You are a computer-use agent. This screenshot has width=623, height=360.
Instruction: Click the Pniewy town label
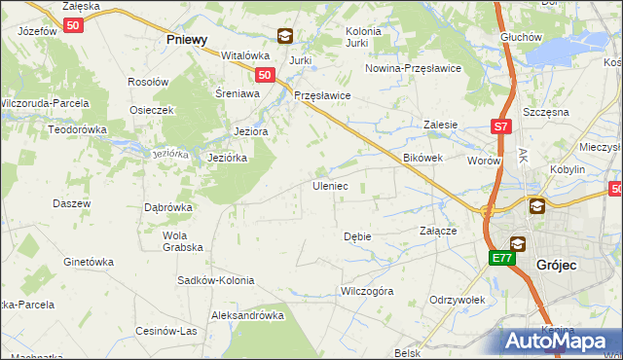click(187, 40)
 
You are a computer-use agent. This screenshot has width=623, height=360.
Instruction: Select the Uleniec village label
click(329, 185)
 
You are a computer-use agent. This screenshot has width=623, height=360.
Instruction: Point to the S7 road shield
click(499, 126)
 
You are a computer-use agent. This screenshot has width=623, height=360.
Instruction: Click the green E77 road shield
click(500, 258)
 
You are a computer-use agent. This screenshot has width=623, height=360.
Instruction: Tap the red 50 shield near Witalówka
click(265, 74)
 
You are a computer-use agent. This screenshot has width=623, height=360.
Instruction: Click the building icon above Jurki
click(284, 37)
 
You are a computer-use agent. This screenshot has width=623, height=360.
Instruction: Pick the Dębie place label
click(357, 236)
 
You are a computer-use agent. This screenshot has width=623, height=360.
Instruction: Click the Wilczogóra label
click(366, 291)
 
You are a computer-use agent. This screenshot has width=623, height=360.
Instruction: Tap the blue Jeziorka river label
click(169, 154)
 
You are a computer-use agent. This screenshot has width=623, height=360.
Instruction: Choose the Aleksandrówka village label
click(247, 315)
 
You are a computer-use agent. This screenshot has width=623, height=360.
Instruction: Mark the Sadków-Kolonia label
click(215, 280)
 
